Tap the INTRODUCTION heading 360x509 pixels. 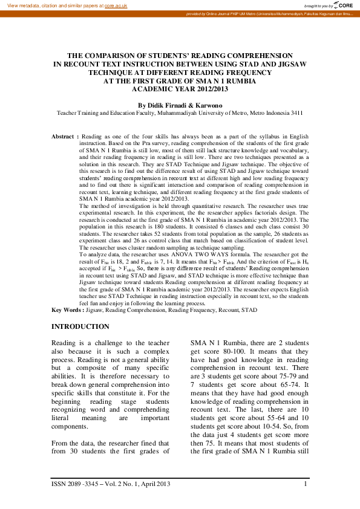(x=80, y=326)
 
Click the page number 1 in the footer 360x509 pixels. (x=306, y=483)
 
